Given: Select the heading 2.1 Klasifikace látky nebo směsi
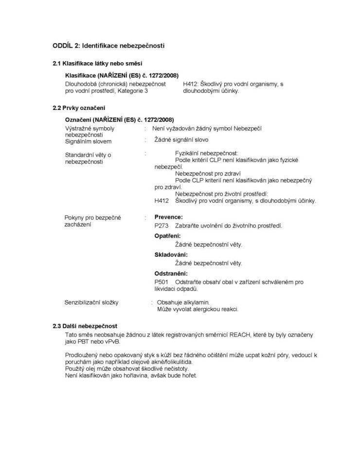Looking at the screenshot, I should click(97, 64).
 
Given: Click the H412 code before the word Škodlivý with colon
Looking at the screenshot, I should click(191, 84).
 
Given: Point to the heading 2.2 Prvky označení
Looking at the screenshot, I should click(79, 108).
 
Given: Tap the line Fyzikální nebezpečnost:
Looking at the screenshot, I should click(207, 153).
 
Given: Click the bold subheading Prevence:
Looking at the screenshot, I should click(168, 217).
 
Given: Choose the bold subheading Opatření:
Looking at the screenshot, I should click(167, 235).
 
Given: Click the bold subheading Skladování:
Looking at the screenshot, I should click(171, 254).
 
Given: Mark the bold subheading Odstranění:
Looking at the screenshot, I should click(171, 273).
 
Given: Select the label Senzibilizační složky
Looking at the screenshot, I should click(91, 303).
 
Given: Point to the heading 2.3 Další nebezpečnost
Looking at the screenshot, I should click(85, 326).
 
